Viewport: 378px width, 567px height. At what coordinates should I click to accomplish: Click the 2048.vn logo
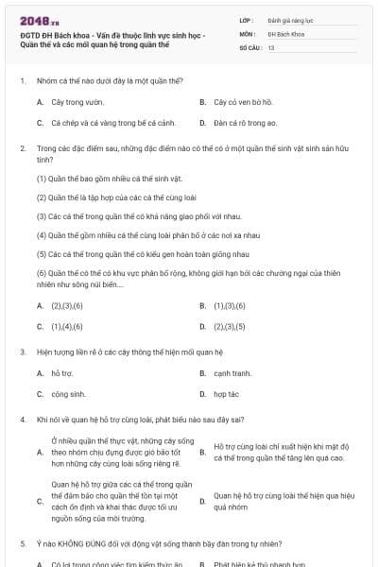(33, 21)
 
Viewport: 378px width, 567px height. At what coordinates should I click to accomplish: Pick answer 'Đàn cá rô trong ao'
(245, 122)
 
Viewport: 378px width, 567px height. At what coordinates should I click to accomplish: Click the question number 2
(22, 148)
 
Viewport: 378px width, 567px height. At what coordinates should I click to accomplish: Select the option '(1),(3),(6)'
(231, 305)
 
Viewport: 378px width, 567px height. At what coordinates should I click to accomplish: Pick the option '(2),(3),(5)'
(231, 326)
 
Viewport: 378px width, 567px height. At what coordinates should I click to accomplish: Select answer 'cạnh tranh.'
(232, 372)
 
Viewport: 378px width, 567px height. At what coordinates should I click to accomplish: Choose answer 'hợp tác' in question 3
(226, 394)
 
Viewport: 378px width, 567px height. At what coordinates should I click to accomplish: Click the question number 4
(22, 419)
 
